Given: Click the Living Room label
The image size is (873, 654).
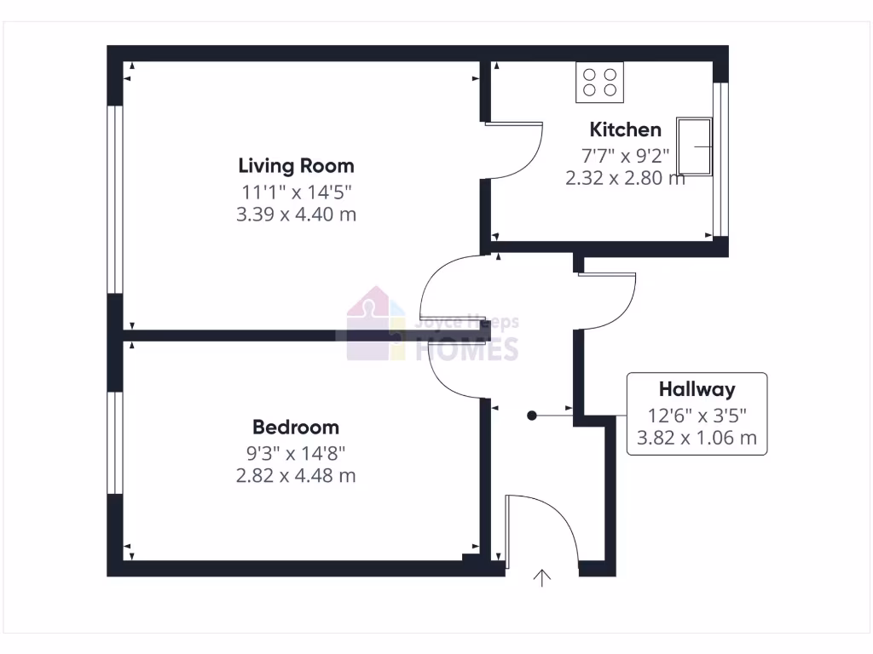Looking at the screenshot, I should [x=296, y=165].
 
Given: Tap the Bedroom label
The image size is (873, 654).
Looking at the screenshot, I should [x=296, y=427].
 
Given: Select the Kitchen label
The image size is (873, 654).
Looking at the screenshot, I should [x=626, y=129].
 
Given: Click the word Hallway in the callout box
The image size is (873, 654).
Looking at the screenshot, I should [x=697, y=390].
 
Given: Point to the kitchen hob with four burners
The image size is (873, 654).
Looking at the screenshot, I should [x=600, y=82].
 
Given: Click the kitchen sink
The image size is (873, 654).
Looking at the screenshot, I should [x=694, y=146].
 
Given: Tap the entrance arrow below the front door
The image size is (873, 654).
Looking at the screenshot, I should [x=542, y=578].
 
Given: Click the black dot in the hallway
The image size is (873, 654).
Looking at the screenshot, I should [x=531, y=416].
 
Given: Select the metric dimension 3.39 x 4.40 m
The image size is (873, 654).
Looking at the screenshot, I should [x=296, y=214].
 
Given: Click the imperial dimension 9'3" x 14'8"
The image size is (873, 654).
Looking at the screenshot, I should [x=296, y=453].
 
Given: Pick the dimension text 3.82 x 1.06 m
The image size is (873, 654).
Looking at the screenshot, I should [x=697, y=439].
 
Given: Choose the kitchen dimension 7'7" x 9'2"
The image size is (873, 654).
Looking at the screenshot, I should [x=626, y=155].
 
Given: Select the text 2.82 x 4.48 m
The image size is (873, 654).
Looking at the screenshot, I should [x=296, y=475].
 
